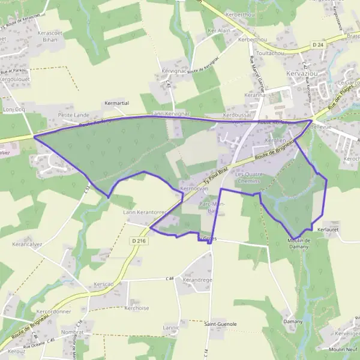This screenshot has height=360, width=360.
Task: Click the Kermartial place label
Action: pos(117,103)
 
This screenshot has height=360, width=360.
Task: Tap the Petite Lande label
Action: pos(73,114)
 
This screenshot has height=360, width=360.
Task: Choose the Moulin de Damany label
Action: pos(298,243)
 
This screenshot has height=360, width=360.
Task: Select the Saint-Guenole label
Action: pos(220,324)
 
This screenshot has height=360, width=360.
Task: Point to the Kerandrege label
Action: pos(197,280)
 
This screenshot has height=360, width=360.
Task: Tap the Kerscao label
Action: pos(103,284)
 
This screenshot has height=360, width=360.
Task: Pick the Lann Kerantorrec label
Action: pos(144,212)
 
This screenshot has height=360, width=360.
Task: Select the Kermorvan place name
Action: pos(193,189)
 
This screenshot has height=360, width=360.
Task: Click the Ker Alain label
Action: pos(218,30)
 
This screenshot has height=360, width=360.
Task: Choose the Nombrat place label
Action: pos(72,332)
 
